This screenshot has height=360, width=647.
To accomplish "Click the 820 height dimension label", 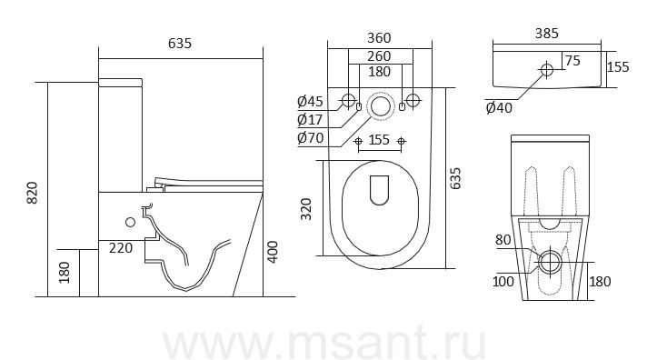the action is click(x=32, y=193).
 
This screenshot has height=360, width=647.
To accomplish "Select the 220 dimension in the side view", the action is click(x=121, y=247).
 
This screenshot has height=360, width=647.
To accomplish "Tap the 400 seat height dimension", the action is click(x=273, y=252).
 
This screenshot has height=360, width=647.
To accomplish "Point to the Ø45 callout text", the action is click(x=310, y=101).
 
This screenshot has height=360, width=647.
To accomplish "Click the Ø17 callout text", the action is click(x=310, y=120).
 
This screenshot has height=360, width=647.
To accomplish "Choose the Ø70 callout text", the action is click(x=310, y=138).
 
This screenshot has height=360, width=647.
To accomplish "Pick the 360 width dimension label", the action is click(x=379, y=38).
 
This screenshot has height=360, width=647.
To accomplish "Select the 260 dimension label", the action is click(x=379, y=55).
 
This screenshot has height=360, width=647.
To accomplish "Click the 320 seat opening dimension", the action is click(x=305, y=209).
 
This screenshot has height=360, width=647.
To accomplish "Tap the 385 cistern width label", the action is click(x=547, y=33).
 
